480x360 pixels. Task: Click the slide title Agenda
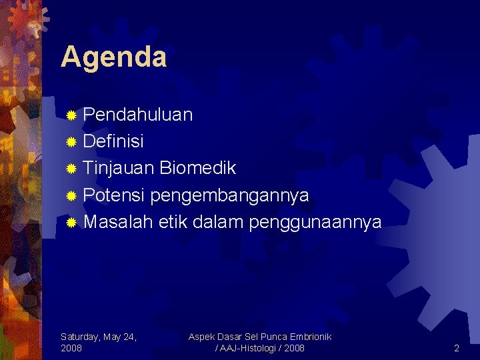coord(113,57)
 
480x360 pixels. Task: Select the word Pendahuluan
coord(138,115)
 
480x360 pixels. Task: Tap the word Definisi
coord(113,141)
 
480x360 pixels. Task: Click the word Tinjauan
coord(119,168)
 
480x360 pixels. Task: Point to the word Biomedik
coord(197,168)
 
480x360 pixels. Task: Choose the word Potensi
coord(115,195)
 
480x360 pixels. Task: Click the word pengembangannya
coord(230,195)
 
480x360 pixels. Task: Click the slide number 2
coord(457,348)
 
